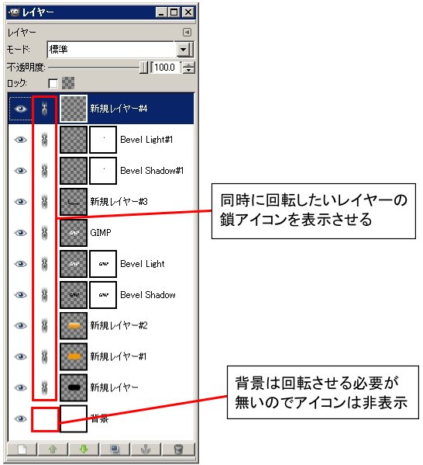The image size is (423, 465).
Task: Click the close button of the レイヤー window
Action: (187, 12)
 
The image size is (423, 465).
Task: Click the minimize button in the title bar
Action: (161, 12)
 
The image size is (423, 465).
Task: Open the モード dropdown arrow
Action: (184, 49)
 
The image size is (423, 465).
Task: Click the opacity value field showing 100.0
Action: (164, 68)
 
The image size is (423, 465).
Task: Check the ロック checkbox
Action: (53, 83)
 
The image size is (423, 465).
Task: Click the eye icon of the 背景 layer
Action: (20, 418)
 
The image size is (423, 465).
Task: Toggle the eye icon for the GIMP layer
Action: (20, 233)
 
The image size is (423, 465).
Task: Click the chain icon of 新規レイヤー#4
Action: (44, 108)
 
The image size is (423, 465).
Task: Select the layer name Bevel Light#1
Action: (146, 140)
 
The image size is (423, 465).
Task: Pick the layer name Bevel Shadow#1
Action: (152, 171)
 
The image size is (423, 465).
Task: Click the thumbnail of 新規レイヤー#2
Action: (74, 325)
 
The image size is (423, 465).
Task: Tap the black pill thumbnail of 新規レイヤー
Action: (74, 387)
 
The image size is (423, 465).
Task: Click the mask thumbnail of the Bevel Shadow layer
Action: (103, 295)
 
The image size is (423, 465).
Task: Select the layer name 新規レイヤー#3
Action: (119, 202)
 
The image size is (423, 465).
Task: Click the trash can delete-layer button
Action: (178, 449)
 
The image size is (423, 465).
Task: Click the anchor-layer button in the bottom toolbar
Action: (146, 449)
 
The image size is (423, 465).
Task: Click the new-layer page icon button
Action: (22, 449)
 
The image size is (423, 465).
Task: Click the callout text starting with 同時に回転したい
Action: (314, 210)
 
